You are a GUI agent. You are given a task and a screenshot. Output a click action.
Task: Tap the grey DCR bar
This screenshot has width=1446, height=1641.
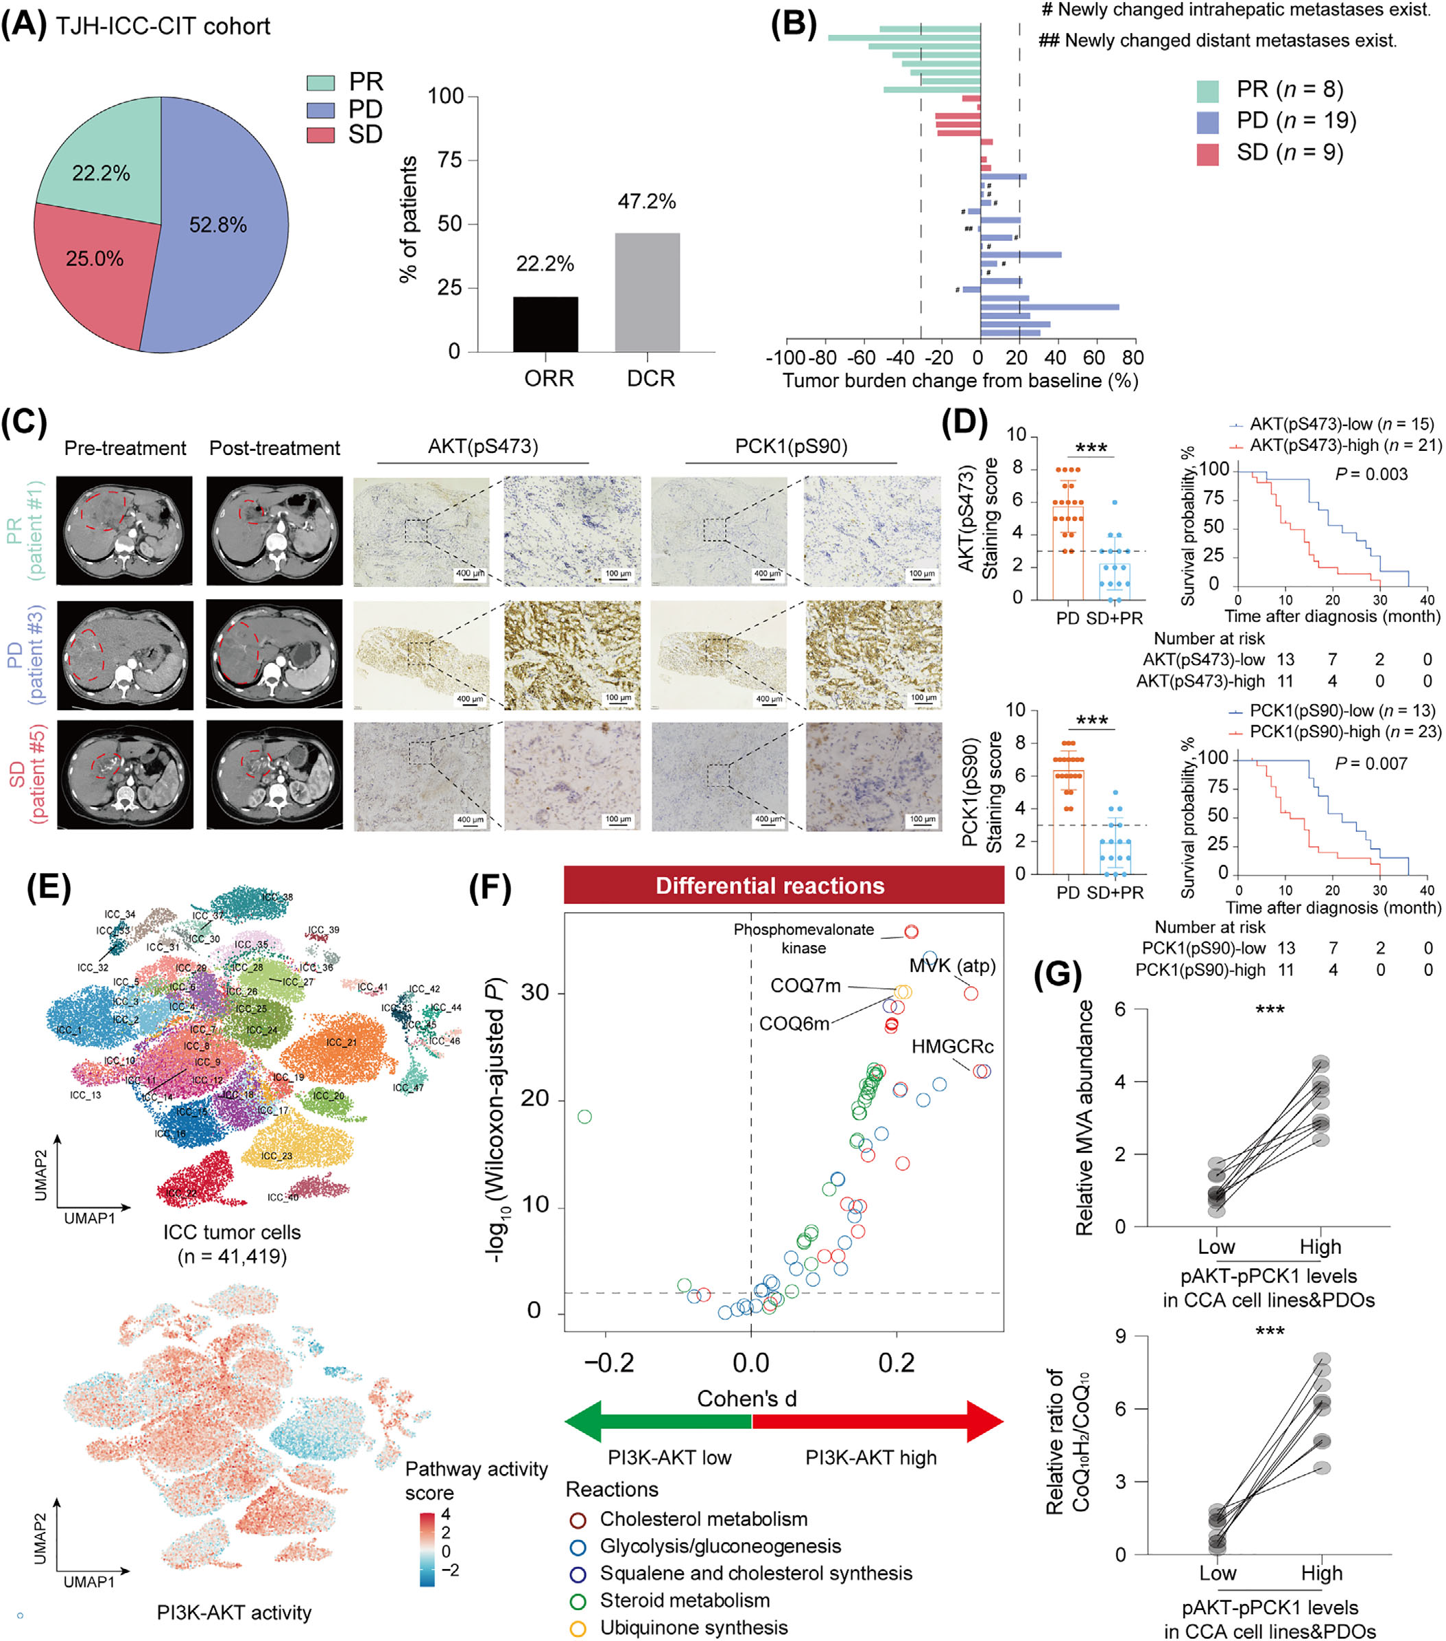pos(647,292)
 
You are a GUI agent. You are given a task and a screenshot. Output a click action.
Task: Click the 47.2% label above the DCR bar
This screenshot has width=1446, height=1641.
pos(647,202)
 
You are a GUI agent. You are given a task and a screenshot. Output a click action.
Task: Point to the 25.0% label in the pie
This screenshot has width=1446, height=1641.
pos(95,259)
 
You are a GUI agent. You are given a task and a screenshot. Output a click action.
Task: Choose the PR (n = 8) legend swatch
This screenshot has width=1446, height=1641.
pos(1207,91)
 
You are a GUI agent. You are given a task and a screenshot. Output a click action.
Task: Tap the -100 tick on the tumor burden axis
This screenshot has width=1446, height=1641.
pos(785,358)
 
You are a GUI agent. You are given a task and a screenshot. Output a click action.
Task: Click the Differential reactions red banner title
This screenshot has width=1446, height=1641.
pos(770,885)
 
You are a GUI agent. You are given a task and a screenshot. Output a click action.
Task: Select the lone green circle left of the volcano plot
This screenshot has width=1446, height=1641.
pos(584,1117)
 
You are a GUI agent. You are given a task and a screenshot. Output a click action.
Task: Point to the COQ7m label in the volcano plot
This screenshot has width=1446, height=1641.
pos(805,986)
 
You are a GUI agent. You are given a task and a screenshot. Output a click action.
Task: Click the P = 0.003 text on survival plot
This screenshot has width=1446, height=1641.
pos(1371,474)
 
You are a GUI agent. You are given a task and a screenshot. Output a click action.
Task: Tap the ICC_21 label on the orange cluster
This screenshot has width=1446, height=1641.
pos(341,1042)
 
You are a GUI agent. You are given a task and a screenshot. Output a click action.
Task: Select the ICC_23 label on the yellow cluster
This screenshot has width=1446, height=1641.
pos(277,1155)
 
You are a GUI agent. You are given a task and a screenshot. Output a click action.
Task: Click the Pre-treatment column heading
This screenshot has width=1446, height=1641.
pos(124,448)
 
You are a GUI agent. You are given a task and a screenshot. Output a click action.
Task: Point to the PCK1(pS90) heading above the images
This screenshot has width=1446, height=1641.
pos(790,446)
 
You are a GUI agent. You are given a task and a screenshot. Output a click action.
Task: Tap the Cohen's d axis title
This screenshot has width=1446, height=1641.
pos(746,1399)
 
